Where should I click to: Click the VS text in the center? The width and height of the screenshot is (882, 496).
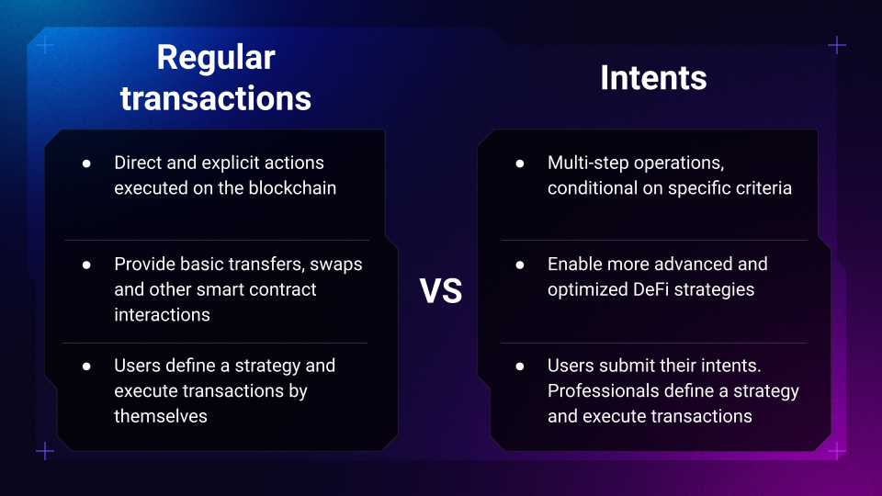pos(440,291)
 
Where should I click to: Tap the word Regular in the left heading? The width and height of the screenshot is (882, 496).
pos(216,59)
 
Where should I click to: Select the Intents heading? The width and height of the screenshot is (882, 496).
pos(653,77)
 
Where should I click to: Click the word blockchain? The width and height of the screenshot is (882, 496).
pos(292,187)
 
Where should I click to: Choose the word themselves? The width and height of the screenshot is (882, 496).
pos(161,416)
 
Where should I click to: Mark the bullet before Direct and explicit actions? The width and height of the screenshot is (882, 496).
pos(86,163)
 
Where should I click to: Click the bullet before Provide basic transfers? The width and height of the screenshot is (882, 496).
pos(86,265)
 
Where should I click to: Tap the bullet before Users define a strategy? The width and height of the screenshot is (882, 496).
pos(86,366)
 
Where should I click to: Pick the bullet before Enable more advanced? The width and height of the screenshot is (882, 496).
pos(520,265)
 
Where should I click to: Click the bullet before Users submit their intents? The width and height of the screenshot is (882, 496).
pos(520,366)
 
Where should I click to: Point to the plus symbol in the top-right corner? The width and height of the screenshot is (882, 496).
pos(837,45)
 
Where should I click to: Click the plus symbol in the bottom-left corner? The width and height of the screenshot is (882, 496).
pos(45,451)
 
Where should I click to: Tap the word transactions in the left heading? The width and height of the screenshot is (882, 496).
pos(216,98)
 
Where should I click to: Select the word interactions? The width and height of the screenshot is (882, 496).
pos(162,315)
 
